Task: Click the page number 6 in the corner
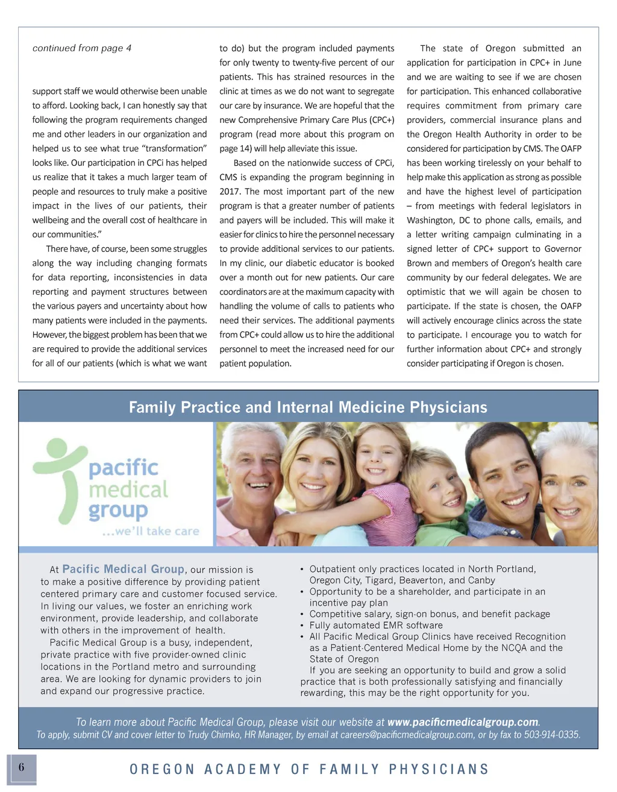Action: point(22,767)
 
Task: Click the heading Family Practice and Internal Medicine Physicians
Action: point(308,407)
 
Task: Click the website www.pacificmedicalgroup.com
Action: point(463,722)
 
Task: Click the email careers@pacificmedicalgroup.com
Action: point(407,735)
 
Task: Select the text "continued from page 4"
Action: point(82,48)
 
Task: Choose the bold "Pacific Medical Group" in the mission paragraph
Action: point(123,569)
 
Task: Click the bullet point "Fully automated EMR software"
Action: point(376,625)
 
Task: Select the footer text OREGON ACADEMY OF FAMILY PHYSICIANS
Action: point(309,769)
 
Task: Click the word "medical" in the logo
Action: point(128,489)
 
